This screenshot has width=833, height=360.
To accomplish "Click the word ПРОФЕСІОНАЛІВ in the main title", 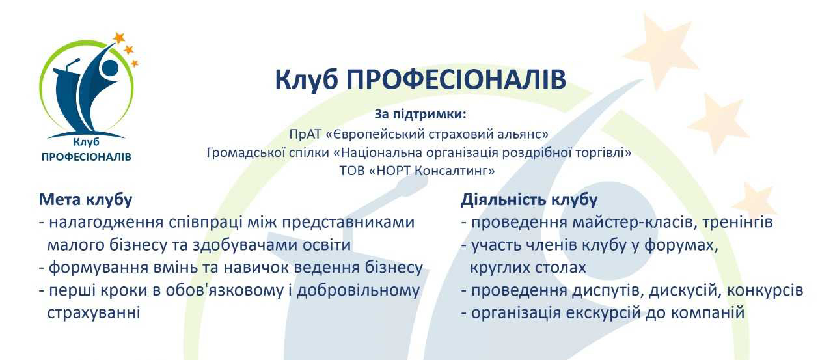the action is [456, 79].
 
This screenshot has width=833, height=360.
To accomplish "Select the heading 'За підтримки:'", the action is [420, 115].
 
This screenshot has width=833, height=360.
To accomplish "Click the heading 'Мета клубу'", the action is [85, 200].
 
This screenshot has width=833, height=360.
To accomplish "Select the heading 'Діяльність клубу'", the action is [529, 200].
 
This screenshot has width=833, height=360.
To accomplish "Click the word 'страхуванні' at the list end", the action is [94, 312].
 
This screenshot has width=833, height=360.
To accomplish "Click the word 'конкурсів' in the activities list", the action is [765, 290].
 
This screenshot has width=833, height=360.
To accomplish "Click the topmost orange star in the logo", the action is [119, 38].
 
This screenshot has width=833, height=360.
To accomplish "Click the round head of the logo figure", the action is [109, 67].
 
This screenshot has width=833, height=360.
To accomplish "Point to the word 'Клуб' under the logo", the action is [87, 142].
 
